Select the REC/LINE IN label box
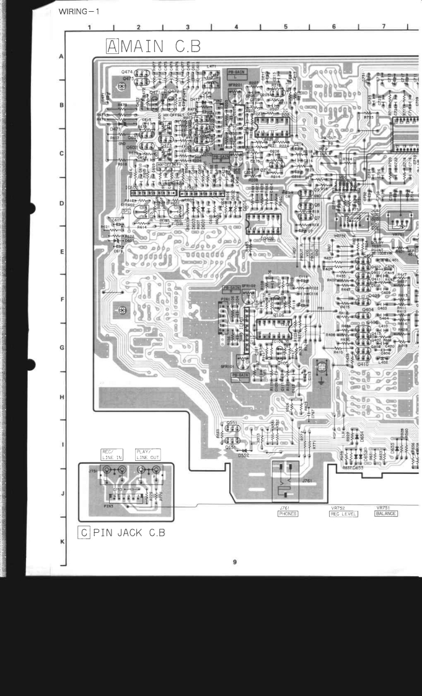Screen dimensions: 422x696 tap(112, 454)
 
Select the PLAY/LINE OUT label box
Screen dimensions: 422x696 tap(148, 454)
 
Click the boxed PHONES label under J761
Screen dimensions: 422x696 tap(288, 513)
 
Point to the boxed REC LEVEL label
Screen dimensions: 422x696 tap(344, 513)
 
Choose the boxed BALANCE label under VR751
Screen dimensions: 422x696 tap(386, 513)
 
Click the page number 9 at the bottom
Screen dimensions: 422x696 tap(235, 562)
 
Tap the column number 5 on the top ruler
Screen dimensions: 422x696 tap(286, 27)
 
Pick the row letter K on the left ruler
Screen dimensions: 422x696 tap(61, 541)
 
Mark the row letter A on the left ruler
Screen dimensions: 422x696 tap(61, 56)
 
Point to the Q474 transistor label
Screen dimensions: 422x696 tap(127, 73)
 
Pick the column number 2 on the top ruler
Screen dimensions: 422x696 tap(138, 27)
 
